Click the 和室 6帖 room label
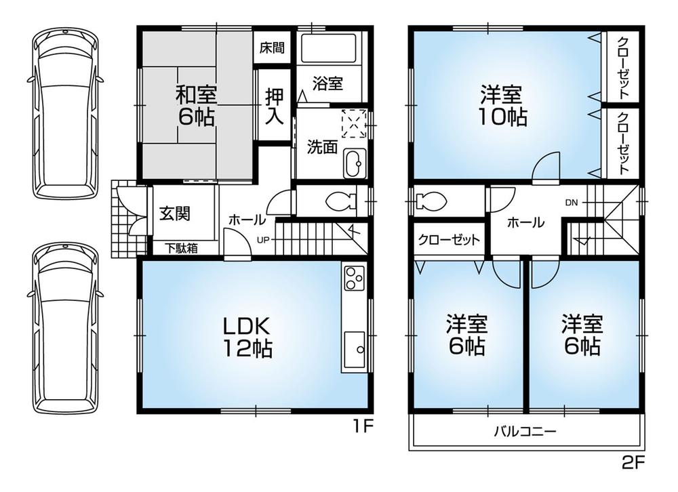pyautogui.click(x=196, y=105)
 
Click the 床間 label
pyautogui.click(x=273, y=49)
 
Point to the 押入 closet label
pyautogui.click(x=274, y=106)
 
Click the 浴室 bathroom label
pyautogui.click(x=328, y=83)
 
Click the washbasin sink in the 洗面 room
pyautogui.click(x=353, y=164)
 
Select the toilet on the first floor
pyautogui.click(x=338, y=201)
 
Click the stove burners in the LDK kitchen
pyautogui.click(x=354, y=278)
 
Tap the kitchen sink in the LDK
pyautogui.click(x=354, y=348)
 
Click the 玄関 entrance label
pyautogui.click(x=175, y=213)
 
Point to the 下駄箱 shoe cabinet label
pyautogui.click(x=182, y=249)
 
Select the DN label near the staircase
pyautogui.click(x=572, y=202)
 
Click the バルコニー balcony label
pyautogui.click(x=525, y=430)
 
